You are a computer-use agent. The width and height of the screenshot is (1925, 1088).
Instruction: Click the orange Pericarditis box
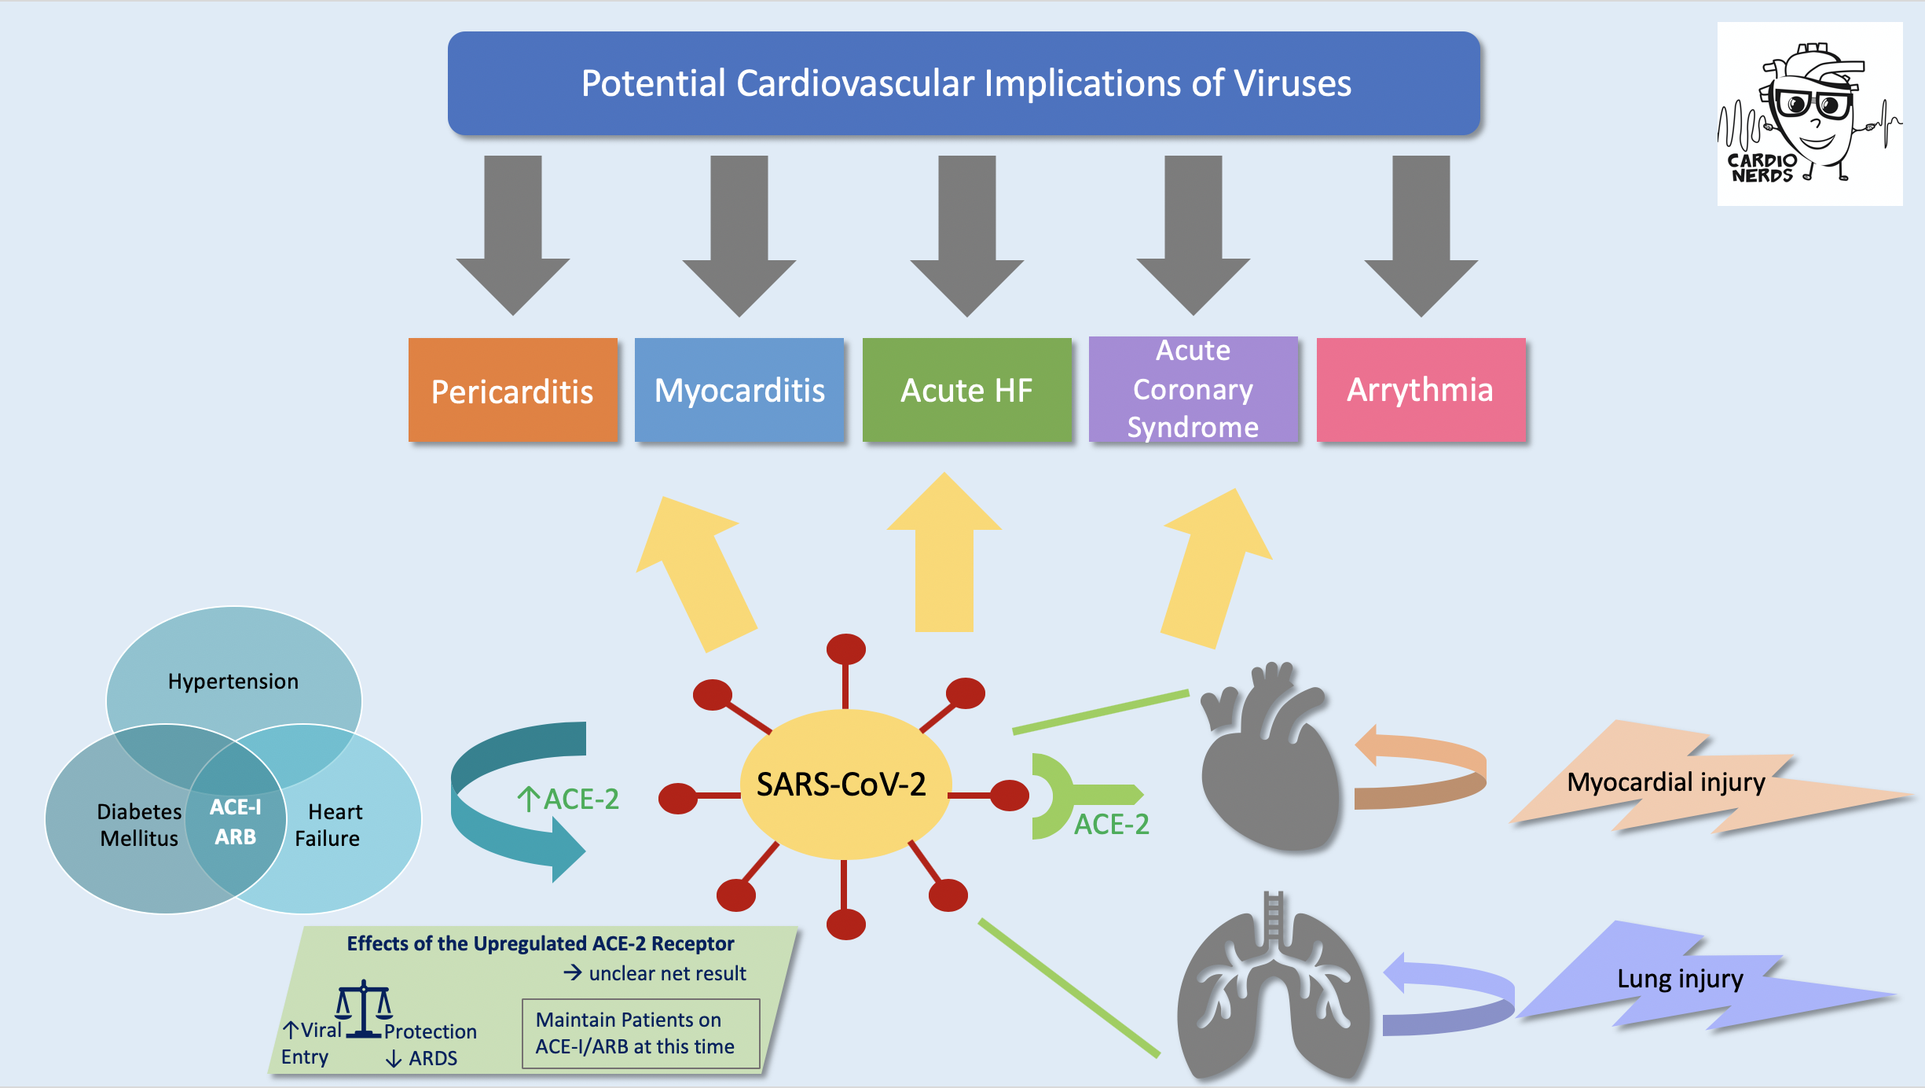click(x=512, y=390)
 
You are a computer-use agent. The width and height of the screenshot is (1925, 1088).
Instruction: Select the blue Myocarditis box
click(x=739, y=390)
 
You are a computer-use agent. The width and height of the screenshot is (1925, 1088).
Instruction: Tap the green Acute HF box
click(x=966, y=390)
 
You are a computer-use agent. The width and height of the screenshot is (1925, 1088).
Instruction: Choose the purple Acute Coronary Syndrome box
click(x=1193, y=389)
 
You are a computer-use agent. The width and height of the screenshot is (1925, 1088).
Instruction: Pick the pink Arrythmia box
click(x=1421, y=390)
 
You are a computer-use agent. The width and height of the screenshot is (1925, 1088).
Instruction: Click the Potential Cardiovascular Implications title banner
click(x=964, y=83)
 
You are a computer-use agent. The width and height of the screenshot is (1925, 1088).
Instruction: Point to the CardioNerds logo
click(x=1809, y=114)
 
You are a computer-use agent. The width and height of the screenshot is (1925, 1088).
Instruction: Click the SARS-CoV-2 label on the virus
click(x=841, y=784)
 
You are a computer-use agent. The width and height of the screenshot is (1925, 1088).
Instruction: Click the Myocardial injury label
click(x=1666, y=782)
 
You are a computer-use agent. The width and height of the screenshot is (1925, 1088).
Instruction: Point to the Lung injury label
click(x=1680, y=979)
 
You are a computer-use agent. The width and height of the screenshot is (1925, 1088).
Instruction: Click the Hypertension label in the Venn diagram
click(x=233, y=681)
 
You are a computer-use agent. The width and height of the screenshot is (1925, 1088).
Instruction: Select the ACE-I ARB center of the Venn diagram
click(x=235, y=822)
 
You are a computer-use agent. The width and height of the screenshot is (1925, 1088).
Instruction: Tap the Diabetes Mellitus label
click(x=139, y=825)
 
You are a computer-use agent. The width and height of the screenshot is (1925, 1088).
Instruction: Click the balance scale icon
click(x=364, y=1009)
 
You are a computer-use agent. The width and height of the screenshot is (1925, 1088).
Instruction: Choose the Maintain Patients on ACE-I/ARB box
click(x=641, y=1033)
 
